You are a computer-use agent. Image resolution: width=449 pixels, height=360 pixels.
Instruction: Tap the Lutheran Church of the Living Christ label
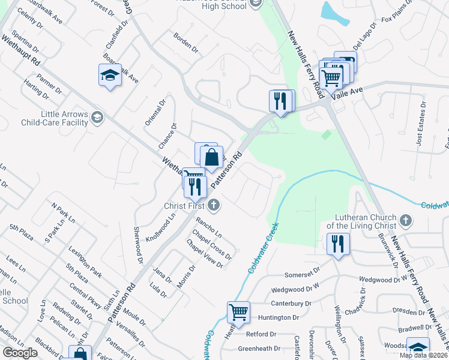[x=361, y=221]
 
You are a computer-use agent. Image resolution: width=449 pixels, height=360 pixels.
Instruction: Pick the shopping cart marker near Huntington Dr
[x=238, y=312]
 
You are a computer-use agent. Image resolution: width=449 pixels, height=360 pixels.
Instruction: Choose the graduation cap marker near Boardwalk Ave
[x=110, y=75]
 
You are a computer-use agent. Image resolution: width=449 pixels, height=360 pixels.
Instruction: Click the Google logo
[x=20, y=353]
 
